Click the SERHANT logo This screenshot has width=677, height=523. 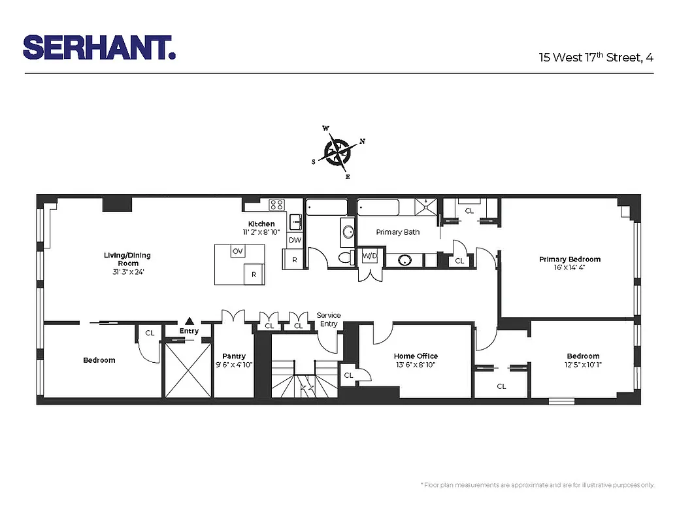[x=99, y=48]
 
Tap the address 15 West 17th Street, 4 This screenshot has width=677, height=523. [x=596, y=57]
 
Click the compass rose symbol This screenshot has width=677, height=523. [x=338, y=152]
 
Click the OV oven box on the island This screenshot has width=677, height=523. [x=238, y=251]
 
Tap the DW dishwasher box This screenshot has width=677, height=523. [x=295, y=240]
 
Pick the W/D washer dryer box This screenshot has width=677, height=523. [x=370, y=256]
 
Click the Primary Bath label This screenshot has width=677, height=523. [x=398, y=232]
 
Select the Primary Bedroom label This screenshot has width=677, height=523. [x=569, y=260]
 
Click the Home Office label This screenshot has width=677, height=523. [x=416, y=356]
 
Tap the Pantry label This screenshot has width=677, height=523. [x=234, y=356]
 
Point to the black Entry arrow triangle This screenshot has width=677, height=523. [x=190, y=320]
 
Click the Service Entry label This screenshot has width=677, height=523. [x=329, y=320]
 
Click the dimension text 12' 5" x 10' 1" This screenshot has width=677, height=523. [x=583, y=365]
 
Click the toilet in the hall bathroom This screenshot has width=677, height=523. [x=344, y=258]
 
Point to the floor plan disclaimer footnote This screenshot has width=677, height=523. [x=537, y=485]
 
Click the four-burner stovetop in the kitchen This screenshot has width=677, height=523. [x=277, y=204]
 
